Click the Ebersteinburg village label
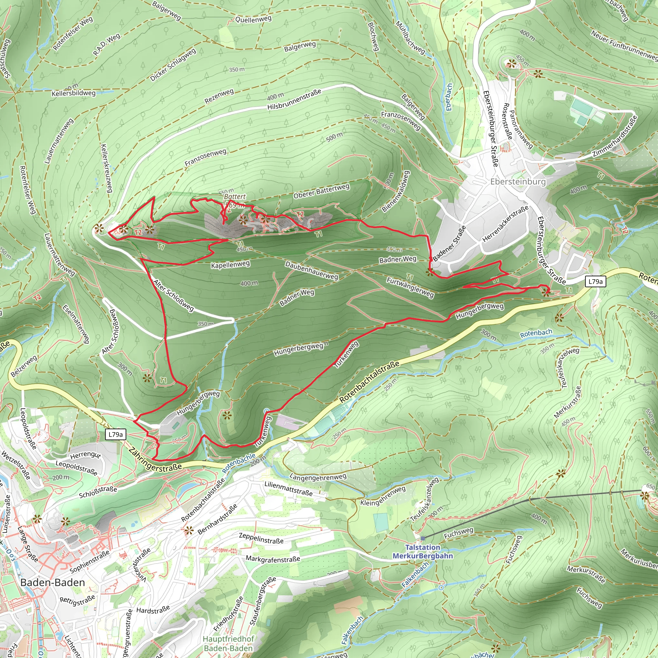[518, 182]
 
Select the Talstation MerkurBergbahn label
[423, 551]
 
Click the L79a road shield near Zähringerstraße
[115, 434]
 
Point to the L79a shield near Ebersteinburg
[595, 281]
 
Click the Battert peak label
[235, 197]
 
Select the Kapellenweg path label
[230, 265]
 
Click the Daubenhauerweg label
[311, 271]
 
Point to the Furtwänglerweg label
[410, 287]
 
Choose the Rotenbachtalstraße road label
[369, 381]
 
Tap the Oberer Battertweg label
[321, 191]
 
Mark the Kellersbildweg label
[74, 93]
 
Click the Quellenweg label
[253, 19]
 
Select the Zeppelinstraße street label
[261, 538]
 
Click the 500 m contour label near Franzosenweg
[334, 137]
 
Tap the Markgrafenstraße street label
[273, 559]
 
